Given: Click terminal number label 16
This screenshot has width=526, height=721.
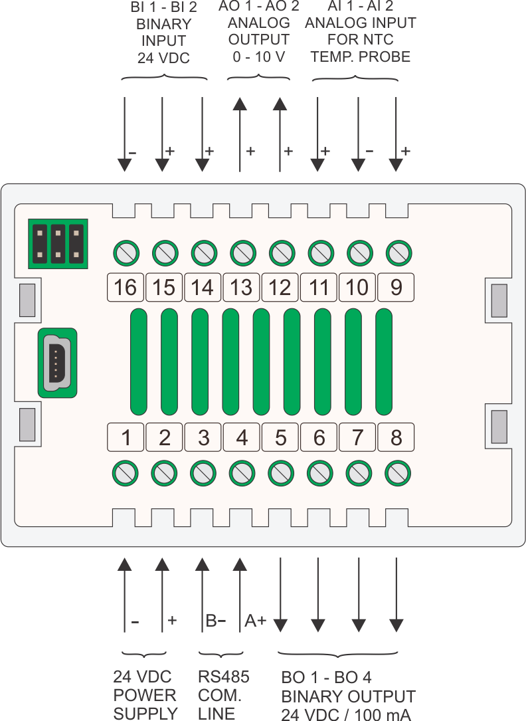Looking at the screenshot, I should click(126, 287).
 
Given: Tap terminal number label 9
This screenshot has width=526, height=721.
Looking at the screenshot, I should click(396, 287).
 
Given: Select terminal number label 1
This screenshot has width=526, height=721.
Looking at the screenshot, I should click(126, 438).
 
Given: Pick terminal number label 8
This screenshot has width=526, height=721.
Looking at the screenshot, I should click(396, 438).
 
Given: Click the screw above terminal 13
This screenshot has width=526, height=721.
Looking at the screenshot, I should click(241, 253).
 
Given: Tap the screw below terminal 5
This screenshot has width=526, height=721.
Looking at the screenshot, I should click(280, 472).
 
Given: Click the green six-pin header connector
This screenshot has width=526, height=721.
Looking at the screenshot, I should click(58, 243).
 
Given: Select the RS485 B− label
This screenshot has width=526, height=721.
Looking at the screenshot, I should click(215, 621).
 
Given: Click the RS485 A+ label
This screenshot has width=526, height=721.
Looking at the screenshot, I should click(256, 621).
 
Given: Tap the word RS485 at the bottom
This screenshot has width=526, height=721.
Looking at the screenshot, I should click(224, 677).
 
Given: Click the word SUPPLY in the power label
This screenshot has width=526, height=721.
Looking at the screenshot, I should click(145, 714).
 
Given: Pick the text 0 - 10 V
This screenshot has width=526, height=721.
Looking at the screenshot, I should click(260, 56).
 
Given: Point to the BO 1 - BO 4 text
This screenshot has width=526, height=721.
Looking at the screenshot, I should click(326, 678).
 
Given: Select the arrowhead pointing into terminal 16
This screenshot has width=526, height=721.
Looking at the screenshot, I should click(125, 164).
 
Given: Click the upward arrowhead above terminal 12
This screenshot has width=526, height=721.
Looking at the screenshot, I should click(280, 104).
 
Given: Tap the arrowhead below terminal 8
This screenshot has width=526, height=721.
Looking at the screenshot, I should click(396, 625).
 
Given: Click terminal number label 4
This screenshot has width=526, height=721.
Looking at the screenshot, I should click(242, 438).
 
